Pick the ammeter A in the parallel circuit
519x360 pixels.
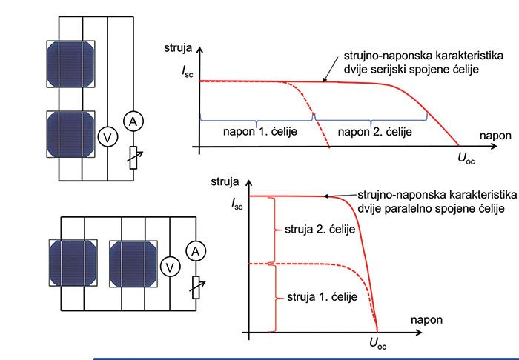(196, 253)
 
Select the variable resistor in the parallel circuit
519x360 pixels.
(196, 286)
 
